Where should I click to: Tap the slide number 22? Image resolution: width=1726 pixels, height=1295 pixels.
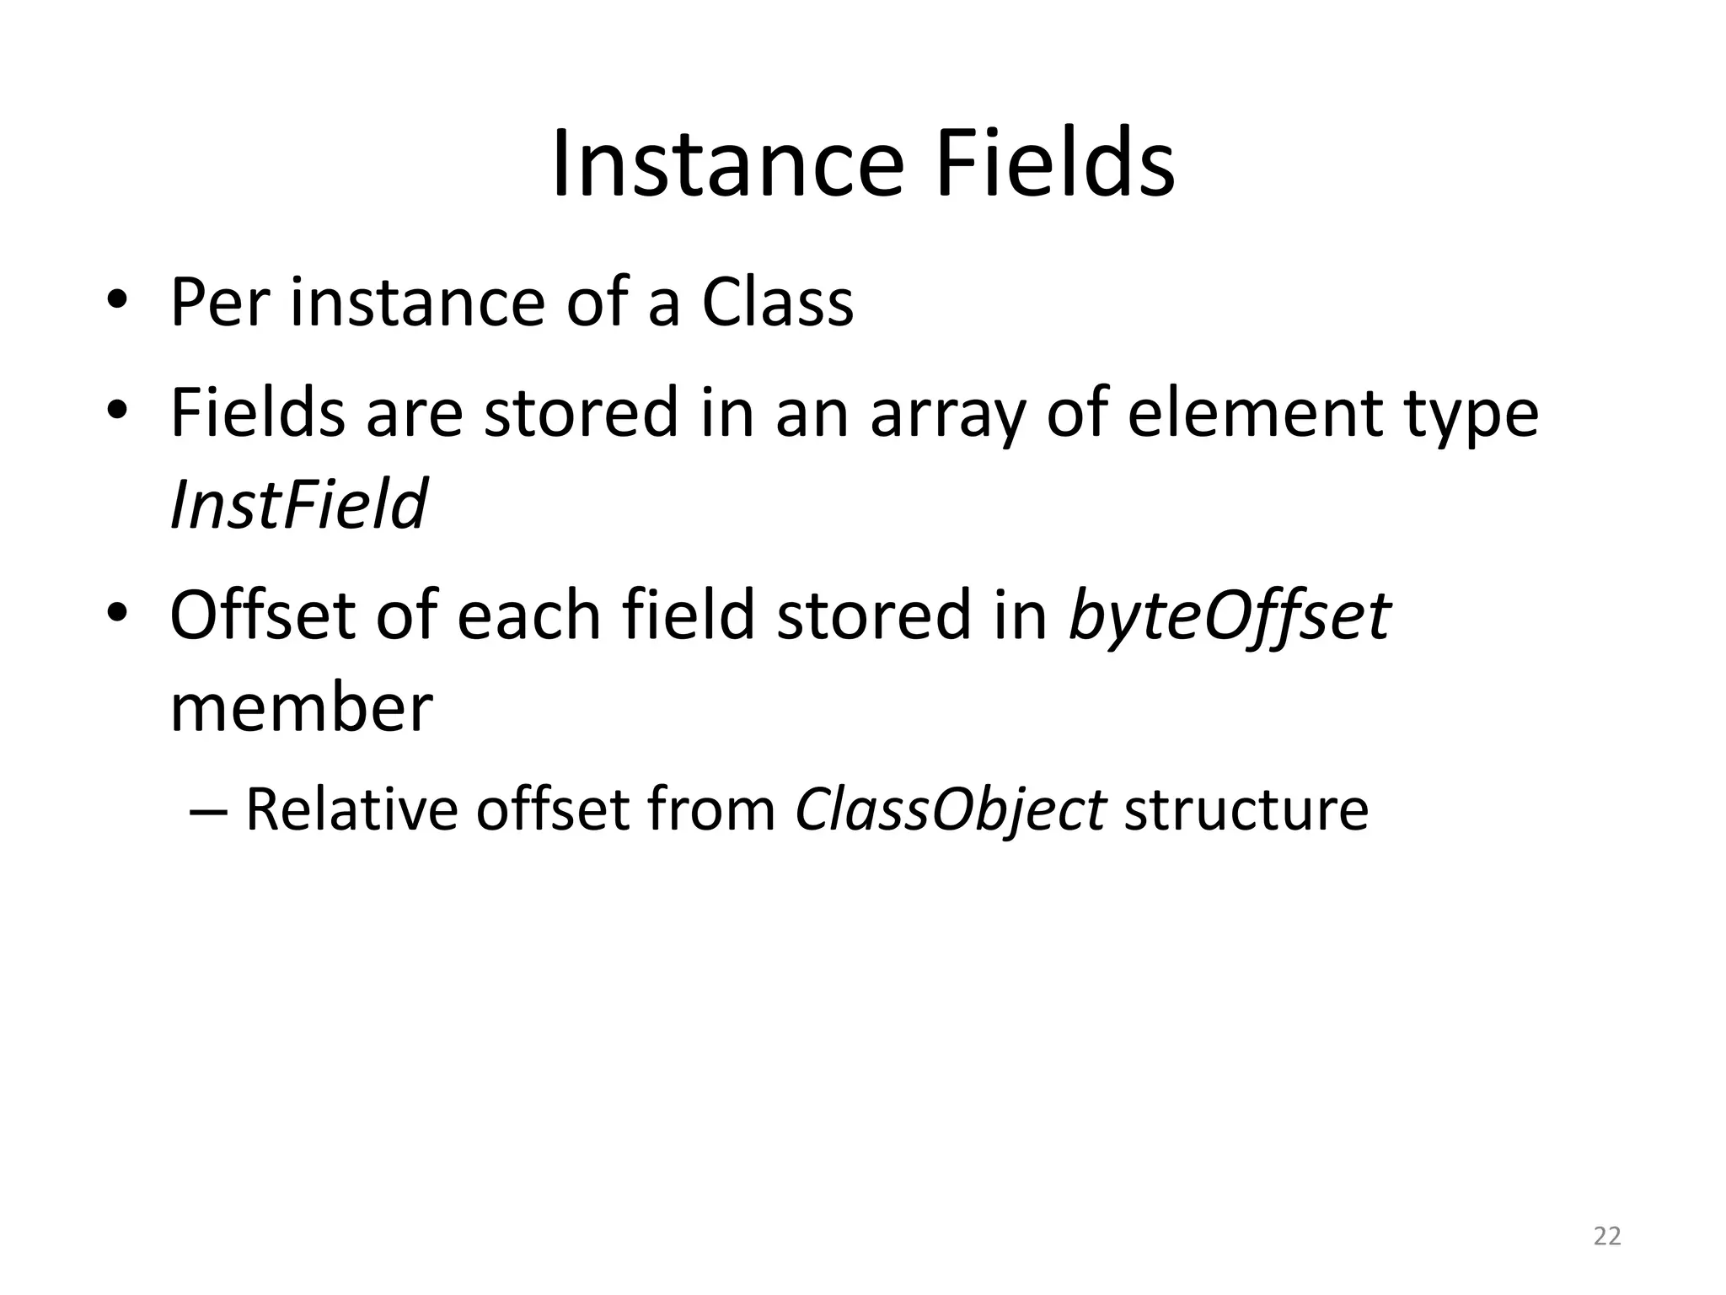point(1607,1236)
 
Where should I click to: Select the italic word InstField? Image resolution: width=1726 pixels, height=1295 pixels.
point(298,504)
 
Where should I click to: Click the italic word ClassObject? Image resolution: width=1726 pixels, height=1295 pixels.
point(949,809)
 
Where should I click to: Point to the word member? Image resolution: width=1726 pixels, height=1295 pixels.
point(301,707)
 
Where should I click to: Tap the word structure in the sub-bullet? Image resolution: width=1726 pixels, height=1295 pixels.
point(1246,809)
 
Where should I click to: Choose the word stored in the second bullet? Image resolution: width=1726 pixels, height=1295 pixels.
point(581,413)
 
